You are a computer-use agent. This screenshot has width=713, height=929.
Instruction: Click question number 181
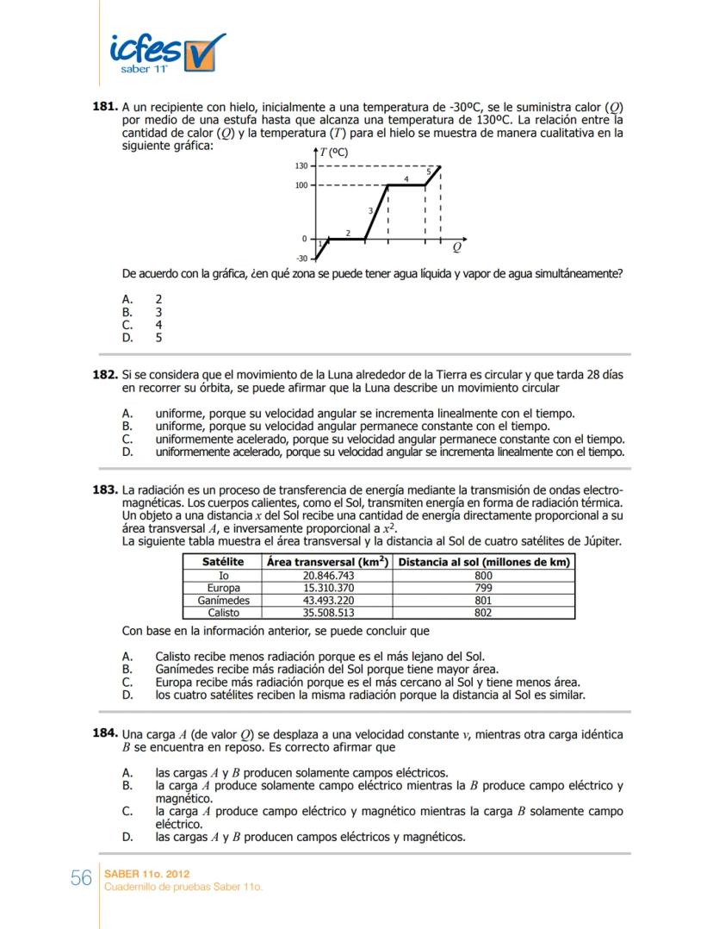[104, 107]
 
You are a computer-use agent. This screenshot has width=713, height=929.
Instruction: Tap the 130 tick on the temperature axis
[302, 166]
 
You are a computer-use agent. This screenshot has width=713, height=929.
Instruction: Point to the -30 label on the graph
[301, 259]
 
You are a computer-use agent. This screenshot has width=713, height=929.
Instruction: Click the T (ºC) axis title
[333, 153]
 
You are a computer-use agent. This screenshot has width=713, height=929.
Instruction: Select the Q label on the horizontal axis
[456, 247]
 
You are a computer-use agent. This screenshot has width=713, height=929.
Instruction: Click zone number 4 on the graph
[406, 178]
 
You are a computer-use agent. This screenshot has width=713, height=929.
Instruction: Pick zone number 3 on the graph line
[370, 210]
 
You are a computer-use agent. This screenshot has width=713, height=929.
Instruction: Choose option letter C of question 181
[127, 325]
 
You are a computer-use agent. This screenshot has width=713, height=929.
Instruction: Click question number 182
[104, 376]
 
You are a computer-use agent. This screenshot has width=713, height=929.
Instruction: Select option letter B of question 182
[127, 426]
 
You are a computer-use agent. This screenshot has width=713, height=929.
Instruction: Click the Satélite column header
[222, 562]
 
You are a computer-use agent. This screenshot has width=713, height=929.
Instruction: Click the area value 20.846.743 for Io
[328, 575]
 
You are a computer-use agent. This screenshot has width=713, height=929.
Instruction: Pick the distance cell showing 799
[483, 588]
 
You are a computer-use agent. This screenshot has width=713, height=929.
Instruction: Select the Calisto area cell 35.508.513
[328, 613]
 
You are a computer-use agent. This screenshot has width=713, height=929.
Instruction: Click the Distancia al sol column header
[483, 562]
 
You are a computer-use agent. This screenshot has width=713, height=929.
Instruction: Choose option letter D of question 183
[127, 694]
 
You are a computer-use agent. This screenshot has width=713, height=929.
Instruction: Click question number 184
[104, 733]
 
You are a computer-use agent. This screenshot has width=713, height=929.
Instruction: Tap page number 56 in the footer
[81, 878]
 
